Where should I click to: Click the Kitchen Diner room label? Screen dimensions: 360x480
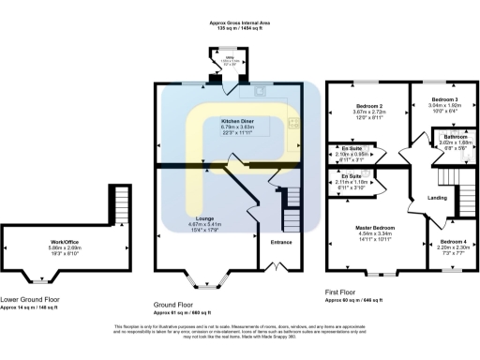pos(236,122)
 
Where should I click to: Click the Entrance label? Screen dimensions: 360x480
pos(281,241)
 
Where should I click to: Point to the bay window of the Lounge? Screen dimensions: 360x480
pos(203,279)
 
